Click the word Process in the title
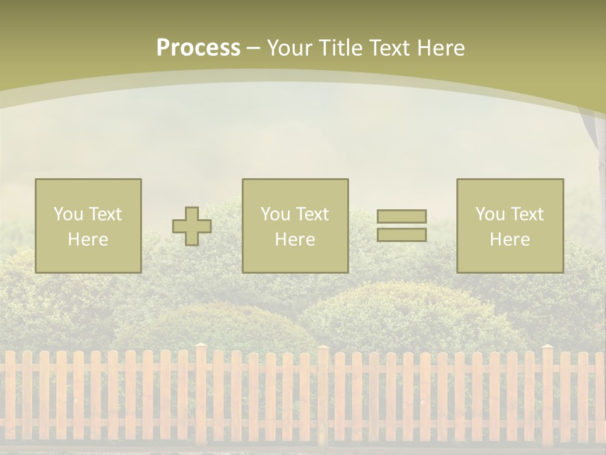click(x=198, y=48)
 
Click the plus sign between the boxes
click(x=192, y=226)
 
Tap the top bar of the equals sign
click(x=401, y=216)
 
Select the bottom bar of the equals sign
click(x=401, y=235)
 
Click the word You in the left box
click(x=68, y=214)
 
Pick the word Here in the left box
click(x=88, y=240)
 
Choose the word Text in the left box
click(x=105, y=214)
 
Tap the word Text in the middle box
click(x=312, y=214)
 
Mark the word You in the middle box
click(x=275, y=214)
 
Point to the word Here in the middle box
click(x=295, y=240)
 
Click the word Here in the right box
click(x=509, y=240)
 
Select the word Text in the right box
click(x=526, y=214)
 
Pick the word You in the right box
click(x=490, y=214)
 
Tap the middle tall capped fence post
click(x=323, y=392)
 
